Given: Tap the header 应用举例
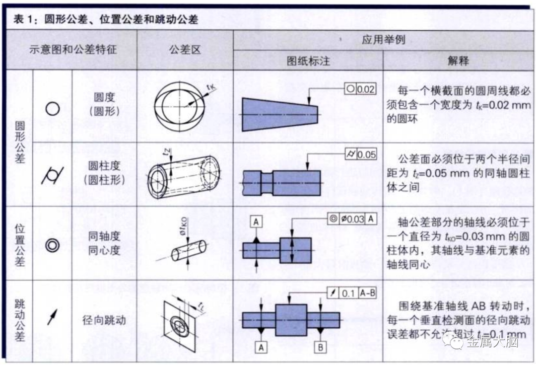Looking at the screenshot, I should (x=383, y=40).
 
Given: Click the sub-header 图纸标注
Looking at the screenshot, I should (x=308, y=61).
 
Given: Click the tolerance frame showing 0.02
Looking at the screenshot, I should (x=360, y=89).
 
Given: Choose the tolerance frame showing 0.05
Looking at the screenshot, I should (x=360, y=154).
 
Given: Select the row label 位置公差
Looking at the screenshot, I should (x=19, y=245).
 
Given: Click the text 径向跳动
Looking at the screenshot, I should (x=104, y=320).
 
